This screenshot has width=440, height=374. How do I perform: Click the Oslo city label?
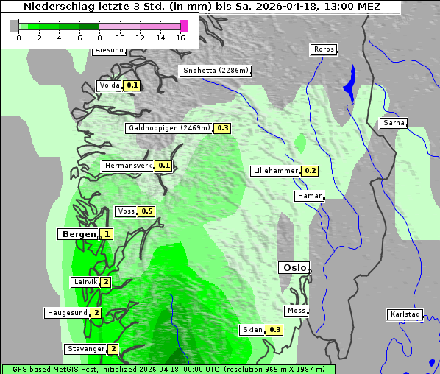tap(293, 268)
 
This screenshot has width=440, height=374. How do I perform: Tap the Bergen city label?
tap(78, 234)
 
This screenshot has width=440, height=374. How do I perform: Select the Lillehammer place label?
tap(275, 171)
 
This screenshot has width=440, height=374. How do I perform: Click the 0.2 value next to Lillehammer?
tap(310, 171)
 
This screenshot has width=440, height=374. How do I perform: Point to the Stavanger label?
tap(85, 349)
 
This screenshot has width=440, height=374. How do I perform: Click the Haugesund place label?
tap(67, 313)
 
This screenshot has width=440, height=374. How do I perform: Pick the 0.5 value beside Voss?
tap(146, 211)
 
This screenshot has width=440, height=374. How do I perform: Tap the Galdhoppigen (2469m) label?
tap(169, 128)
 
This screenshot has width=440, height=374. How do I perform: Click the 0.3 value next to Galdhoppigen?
tap(222, 128)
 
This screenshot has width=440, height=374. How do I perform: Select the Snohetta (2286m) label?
tap(216, 71)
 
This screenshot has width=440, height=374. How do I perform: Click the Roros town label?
tap(324, 50)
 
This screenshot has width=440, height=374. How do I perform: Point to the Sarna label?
tap(393, 123)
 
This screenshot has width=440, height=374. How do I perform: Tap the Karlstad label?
tap(405, 315)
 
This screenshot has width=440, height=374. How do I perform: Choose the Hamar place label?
tap(308, 196)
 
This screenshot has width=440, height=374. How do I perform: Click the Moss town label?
tap(297, 311)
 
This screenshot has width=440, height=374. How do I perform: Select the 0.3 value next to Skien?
tap(275, 330)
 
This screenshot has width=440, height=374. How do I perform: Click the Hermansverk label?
tap(127, 166)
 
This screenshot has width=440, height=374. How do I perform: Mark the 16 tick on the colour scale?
tap(180, 38)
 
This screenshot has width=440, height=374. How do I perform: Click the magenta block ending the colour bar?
tap(184, 26)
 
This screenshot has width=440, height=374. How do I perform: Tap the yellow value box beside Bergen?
tap(107, 234)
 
